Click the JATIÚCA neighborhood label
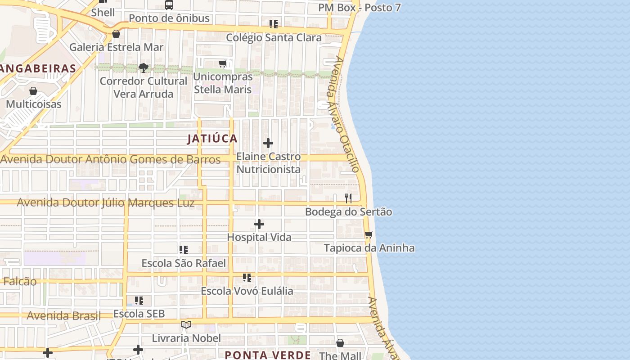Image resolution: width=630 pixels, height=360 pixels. pyautogui.click(x=212, y=139)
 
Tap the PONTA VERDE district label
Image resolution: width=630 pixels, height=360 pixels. pyautogui.click(x=268, y=355)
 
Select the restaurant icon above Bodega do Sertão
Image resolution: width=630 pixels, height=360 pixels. pyautogui.click(x=348, y=198)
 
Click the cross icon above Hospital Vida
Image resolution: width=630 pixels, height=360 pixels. pyautogui.click(x=259, y=224)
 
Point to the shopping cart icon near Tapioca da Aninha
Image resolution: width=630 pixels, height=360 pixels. pyautogui.click(x=369, y=234)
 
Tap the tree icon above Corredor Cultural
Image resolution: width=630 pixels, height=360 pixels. pyautogui.click(x=144, y=68)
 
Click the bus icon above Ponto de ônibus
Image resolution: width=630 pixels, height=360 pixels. pyautogui.click(x=169, y=5)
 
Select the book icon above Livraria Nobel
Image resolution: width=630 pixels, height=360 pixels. pyautogui.click(x=186, y=324)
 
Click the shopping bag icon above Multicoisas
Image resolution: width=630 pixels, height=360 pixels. pyautogui.click(x=33, y=91)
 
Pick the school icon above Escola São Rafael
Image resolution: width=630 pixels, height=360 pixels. pyautogui.click(x=184, y=250)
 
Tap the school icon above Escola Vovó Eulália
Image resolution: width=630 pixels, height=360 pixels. pyautogui.click(x=247, y=278)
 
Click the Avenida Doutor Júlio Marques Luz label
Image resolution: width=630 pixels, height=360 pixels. pyautogui.click(x=106, y=203)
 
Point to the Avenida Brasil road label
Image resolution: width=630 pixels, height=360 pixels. pyautogui.click(x=63, y=315)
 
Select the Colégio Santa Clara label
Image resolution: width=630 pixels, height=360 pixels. pyautogui.click(x=274, y=37)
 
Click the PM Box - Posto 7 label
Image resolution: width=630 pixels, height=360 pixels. pyautogui.click(x=359, y=8)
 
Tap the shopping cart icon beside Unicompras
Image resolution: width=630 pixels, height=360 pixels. pyautogui.click(x=223, y=64)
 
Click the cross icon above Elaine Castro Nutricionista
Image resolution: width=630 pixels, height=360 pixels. pyautogui.click(x=268, y=144)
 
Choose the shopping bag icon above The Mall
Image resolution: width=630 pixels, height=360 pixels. pyautogui.click(x=340, y=343)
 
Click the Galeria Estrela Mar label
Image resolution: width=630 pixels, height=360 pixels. pyautogui.click(x=116, y=47)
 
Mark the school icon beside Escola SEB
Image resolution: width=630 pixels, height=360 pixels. pyautogui.click(x=139, y=300)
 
